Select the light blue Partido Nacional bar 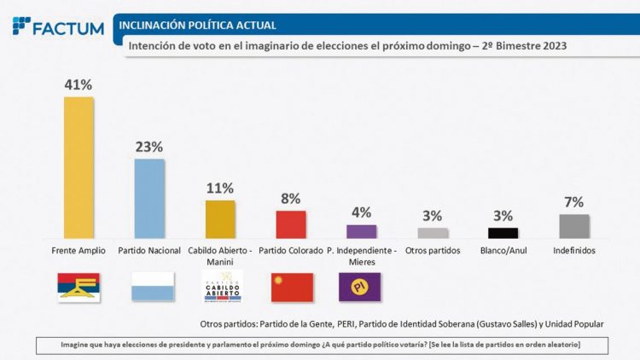(x=150, y=199)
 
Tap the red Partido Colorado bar (x=291, y=224)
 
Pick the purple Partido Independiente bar (x=362, y=231)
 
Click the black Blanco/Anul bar (x=503, y=233)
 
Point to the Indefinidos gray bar (x=573, y=226)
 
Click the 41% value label (x=79, y=84)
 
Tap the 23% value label (x=149, y=147)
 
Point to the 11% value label (x=220, y=189)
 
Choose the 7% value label (x=573, y=202)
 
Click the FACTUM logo (x=58, y=26)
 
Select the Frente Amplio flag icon (x=79, y=287)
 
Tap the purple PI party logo (x=362, y=287)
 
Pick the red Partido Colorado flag (x=292, y=287)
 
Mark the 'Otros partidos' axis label (x=433, y=251)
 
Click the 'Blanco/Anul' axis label (x=503, y=251)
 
